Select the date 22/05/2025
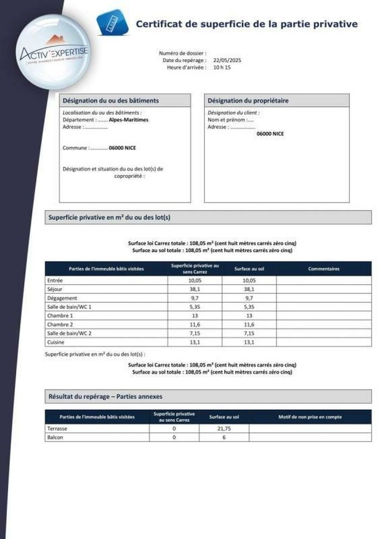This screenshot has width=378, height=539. click(x=227, y=60)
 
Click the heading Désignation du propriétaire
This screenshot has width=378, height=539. click(x=240, y=101)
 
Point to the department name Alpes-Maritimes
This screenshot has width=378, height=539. click(x=128, y=120)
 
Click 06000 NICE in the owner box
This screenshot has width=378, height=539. click(x=270, y=133)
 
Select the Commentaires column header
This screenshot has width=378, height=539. click(x=324, y=269)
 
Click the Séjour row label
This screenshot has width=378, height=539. click(x=55, y=289)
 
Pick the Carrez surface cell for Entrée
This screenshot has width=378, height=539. click(x=195, y=280)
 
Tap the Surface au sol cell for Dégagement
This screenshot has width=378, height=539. click(x=249, y=298)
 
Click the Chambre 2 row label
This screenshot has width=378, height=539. click(x=59, y=324)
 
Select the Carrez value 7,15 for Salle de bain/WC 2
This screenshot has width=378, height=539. click(x=195, y=333)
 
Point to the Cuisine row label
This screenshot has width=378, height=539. click(x=56, y=342)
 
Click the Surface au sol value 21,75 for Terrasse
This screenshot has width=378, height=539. click(x=224, y=429)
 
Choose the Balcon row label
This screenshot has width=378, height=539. click(x=56, y=437)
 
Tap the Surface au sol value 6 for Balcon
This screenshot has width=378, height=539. click(x=224, y=437)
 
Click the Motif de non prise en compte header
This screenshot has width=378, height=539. click(x=310, y=417)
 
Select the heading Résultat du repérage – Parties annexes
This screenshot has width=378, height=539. click(x=105, y=396)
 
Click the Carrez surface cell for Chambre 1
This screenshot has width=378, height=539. click(x=195, y=315)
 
